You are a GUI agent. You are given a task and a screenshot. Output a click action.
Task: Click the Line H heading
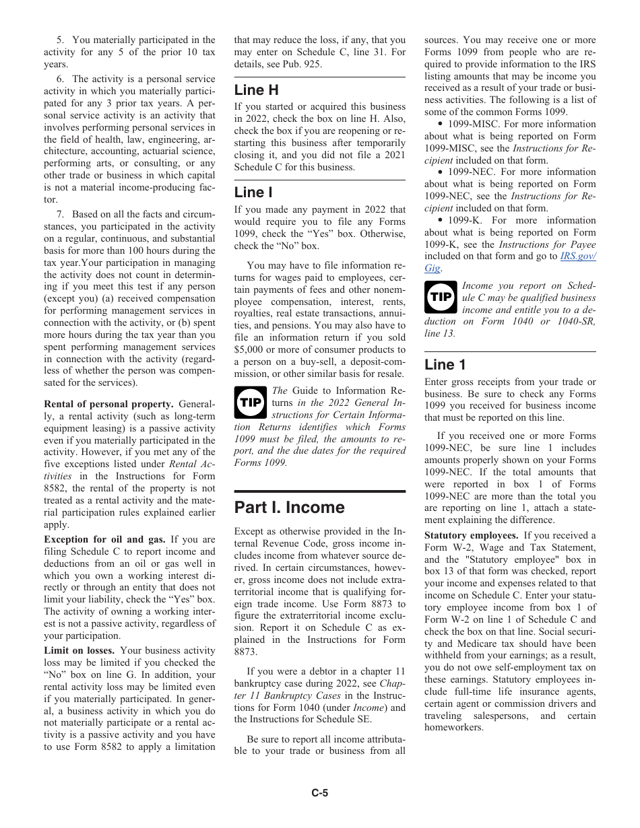click(256, 90)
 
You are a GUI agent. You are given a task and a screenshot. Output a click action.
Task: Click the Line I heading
click(253, 193)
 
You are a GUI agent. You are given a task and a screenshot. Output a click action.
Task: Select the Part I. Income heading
click(289, 508)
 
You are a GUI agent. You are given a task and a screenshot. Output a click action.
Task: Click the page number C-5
click(320, 793)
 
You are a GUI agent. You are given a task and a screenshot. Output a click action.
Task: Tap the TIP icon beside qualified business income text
click(441, 296)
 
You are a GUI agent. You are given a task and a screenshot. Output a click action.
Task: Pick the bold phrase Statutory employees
click(471, 535)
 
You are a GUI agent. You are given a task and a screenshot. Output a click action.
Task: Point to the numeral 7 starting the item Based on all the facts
click(61, 214)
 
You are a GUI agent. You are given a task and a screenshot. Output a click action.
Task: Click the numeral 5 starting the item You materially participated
click(61, 40)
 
